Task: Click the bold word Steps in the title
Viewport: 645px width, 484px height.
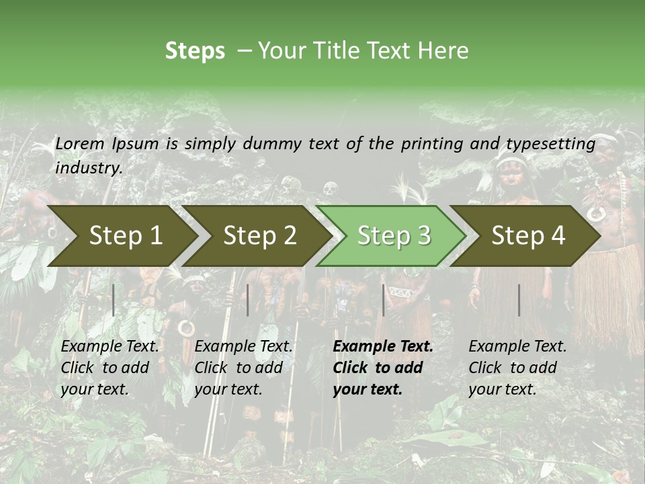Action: tap(195, 51)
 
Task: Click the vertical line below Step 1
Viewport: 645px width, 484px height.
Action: tap(114, 300)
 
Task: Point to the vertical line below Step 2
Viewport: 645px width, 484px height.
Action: tap(248, 300)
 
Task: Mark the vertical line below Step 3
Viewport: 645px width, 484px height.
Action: tap(383, 300)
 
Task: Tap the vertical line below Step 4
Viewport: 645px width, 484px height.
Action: tap(519, 300)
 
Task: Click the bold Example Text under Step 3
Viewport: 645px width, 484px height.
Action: tap(383, 347)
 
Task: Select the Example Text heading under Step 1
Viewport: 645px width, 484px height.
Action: tap(110, 347)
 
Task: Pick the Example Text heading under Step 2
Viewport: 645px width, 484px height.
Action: tap(243, 347)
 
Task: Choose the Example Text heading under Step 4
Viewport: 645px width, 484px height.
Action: tap(517, 347)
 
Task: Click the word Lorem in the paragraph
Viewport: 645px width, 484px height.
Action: tap(80, 143)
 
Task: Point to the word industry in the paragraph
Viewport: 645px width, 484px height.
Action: tap(89, 168)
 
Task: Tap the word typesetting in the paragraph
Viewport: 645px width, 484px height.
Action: tap(550, 144)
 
